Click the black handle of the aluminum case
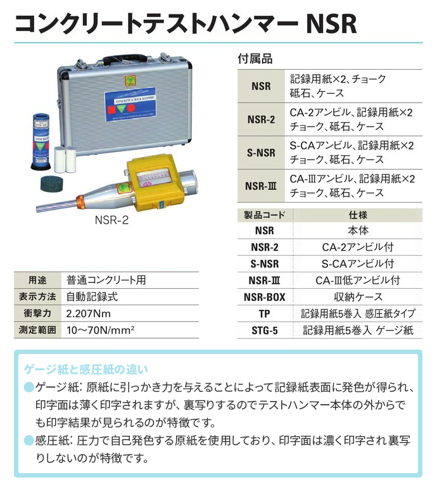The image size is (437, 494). pyautogui.click(x=125, y=59)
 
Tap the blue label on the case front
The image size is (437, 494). pyautogui.click(x=130, y=104)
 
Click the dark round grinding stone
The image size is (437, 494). pyautogui.click(x=52, y=184)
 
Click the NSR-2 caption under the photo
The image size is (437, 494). pyautogui.click(x=111, y=220)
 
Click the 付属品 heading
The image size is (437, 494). pyautogui.click(x=255, y=59)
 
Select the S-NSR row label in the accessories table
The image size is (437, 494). pyautogui.click(x=261, y=153)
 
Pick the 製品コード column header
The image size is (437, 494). pyautogui.click(x=264, y=215)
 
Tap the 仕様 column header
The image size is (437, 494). pyautogui.click(x=358, y=215)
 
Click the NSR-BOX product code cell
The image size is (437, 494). pyautogui.click(x=264, y=297)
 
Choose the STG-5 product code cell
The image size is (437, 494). pyautogui.click(x=264, y=331)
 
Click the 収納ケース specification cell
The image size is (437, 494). pyautogui.click(x=358, y=297)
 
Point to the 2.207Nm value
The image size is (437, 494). pyautogui.click(x=89, y=313)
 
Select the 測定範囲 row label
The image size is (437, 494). pyautogui.click(x=37, y=330)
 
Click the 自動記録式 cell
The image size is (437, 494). pyautogui.click(x=92, y=297)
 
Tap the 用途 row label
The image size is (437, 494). pyautogui.click(x=37, y=280)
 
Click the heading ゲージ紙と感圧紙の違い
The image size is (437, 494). pyautogui.click(x=86, y=369)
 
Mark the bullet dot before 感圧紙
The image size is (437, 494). pyautogui.click(x=28, y=440)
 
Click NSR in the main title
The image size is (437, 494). pyautogui.click(x=331, y=23)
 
